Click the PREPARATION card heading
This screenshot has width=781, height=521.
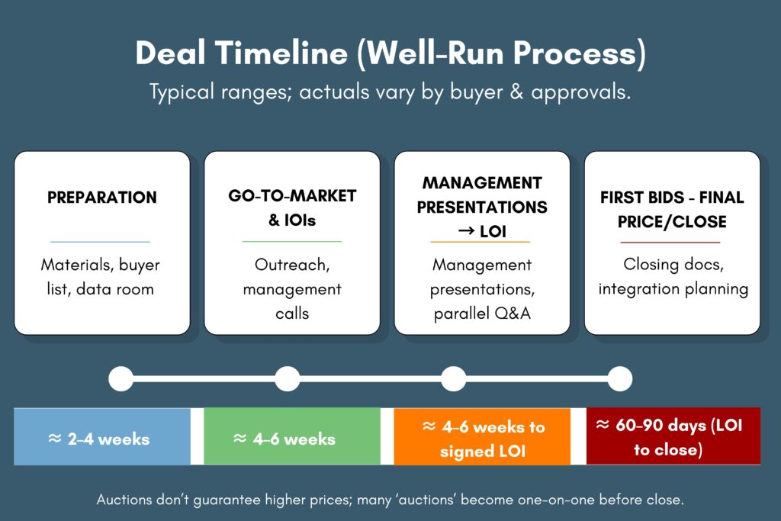(102, 198)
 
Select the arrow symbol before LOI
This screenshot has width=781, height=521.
(466, 230)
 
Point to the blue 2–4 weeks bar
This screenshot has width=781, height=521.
(102, 436)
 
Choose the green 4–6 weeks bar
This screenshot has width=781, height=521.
(292, 436)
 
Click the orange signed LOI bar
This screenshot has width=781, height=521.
(482, 436)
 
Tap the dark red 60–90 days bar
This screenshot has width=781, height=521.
(673, 436)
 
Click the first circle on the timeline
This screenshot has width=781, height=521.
(121, 379)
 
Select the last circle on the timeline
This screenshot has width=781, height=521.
(620, 379)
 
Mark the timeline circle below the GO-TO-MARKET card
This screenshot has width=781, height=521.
(288, 379)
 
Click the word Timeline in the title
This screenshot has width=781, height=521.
(281, 53)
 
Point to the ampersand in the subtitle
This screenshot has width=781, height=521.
(516, 92)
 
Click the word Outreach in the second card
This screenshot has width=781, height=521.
(292, 265)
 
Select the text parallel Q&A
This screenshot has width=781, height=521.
(482, 314)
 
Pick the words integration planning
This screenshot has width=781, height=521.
(673, 289)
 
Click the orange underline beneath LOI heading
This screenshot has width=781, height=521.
(480, 242)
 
